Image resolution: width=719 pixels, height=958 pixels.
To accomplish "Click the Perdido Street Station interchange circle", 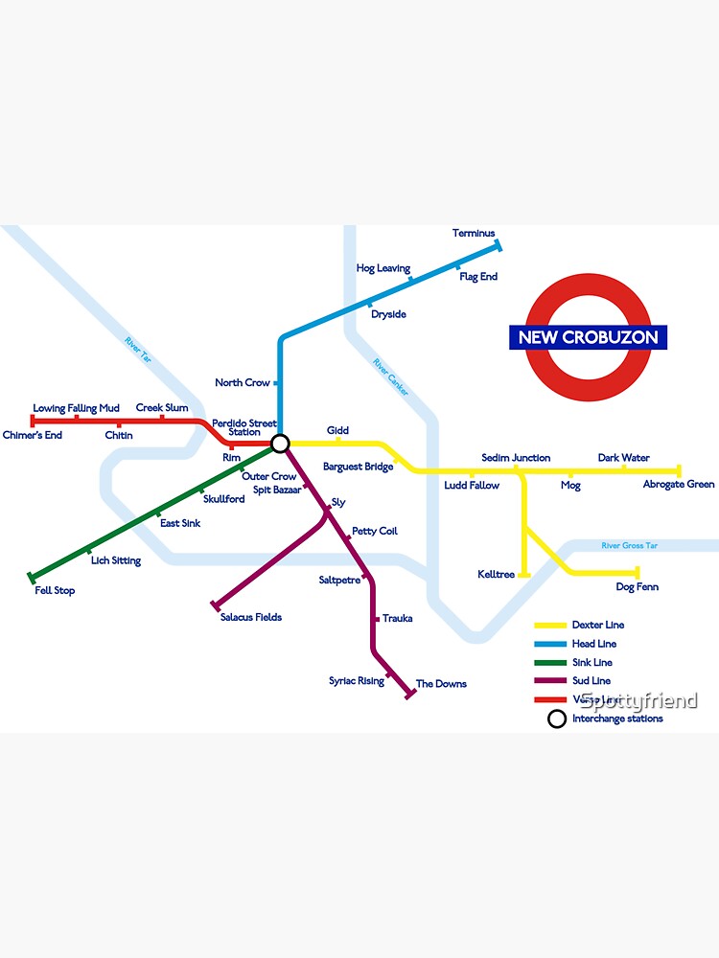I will [x=280, y=444].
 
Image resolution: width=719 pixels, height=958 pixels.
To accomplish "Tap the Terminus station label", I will [x=474, y=233].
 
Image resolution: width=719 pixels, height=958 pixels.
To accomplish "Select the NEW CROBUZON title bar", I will [x=588, y=337].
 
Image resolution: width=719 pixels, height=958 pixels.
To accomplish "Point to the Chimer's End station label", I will [x=33, y=436].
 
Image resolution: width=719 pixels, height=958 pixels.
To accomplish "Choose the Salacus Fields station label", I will [x=251, y=617].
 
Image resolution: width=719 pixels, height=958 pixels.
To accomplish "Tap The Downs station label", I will [x=441, y=684].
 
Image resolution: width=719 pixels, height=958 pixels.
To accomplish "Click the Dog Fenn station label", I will [x=637, y=587].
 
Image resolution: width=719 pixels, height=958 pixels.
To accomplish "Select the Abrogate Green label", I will [x=679, y=485].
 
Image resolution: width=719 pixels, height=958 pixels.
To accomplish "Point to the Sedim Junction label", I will [x=516, y=458].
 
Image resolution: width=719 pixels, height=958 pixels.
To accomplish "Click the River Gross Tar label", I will [x=630, y=546].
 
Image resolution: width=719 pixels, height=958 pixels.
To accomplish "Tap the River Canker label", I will [x=390, y=377].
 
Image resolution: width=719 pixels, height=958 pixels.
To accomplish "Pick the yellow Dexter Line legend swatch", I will [x=550, y=626].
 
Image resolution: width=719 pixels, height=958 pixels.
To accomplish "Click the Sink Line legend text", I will [x=591, y=663].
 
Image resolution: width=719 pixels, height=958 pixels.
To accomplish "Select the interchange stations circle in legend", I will [x=556, y=719].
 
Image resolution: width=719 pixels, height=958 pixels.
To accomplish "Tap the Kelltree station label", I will [x=497, y=575].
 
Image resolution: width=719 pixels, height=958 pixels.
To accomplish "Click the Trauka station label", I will [x=398, y=619].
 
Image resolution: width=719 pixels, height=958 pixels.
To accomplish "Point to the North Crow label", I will [x=243, y=383].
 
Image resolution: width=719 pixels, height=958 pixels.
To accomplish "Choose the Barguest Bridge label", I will [x=358, y=468].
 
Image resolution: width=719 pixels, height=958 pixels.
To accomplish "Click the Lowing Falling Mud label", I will [x=77, y=409].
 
